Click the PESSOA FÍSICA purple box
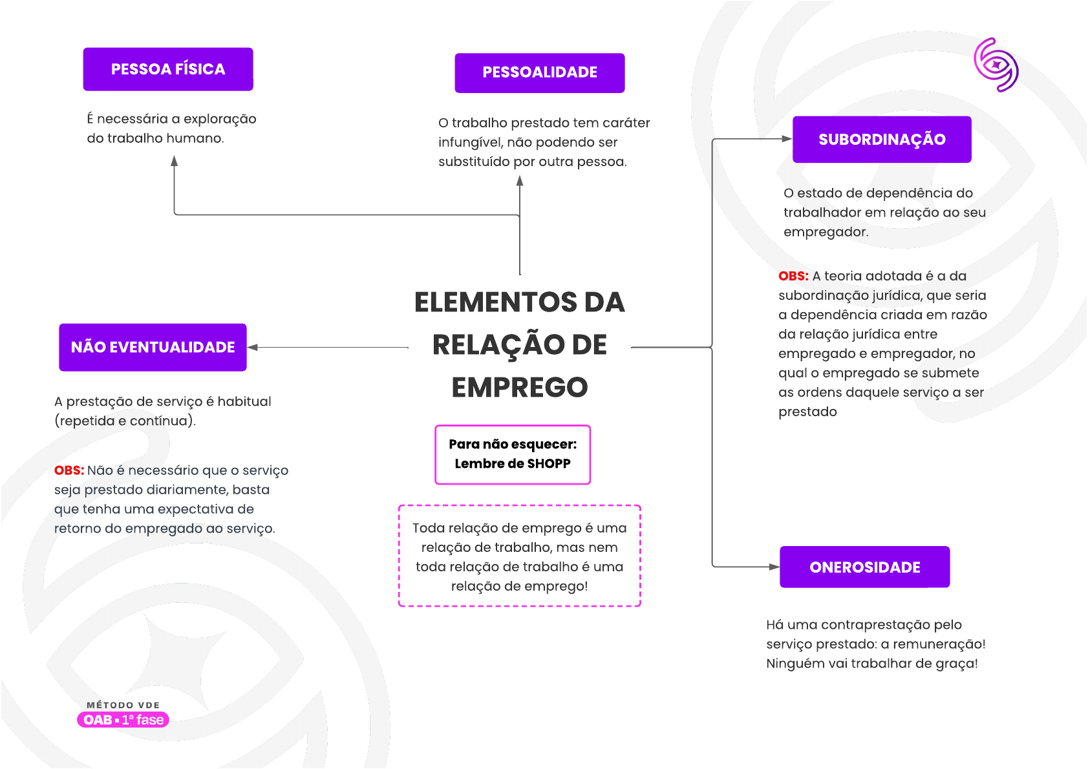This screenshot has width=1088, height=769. point(168,69)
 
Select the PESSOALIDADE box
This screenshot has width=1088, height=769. point(540,72)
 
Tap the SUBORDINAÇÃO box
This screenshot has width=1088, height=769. point(882,140)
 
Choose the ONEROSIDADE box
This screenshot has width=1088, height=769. point(864,567)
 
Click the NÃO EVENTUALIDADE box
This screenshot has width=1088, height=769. point(153,348)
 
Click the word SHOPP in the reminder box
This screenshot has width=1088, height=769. point(549,463)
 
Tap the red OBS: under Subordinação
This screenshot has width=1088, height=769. point(793,276)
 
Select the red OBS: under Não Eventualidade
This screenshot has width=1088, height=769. point(69,470)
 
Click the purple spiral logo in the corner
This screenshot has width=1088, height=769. point(996,65)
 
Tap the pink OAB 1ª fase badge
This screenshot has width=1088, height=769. point(123,720)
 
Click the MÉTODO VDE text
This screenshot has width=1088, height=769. point(123,705)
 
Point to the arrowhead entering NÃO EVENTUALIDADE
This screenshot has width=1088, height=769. point(253,348)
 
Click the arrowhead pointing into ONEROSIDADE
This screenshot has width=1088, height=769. point(774,567)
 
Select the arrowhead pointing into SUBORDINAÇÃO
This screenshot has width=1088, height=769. point(787,139)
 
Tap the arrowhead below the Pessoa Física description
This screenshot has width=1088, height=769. point(175,161)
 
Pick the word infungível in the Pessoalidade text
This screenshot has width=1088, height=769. point(469,142)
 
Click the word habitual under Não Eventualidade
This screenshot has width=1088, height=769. point(244,401)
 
